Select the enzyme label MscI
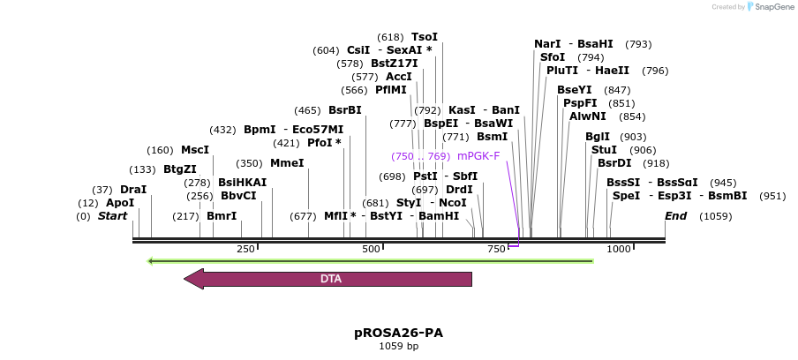195,150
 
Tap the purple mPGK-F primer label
478,156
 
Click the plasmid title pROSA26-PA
398,333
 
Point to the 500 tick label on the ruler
371,250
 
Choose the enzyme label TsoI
425,37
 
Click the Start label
112,216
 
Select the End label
675,216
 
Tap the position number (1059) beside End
716,216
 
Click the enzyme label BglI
598,137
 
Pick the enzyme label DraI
133,190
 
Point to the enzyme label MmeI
287,163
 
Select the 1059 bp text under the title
398,346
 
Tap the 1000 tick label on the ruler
620,250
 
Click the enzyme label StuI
605,150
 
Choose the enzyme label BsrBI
345,110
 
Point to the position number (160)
160,150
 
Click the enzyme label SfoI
553,57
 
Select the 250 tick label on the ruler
245,250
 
